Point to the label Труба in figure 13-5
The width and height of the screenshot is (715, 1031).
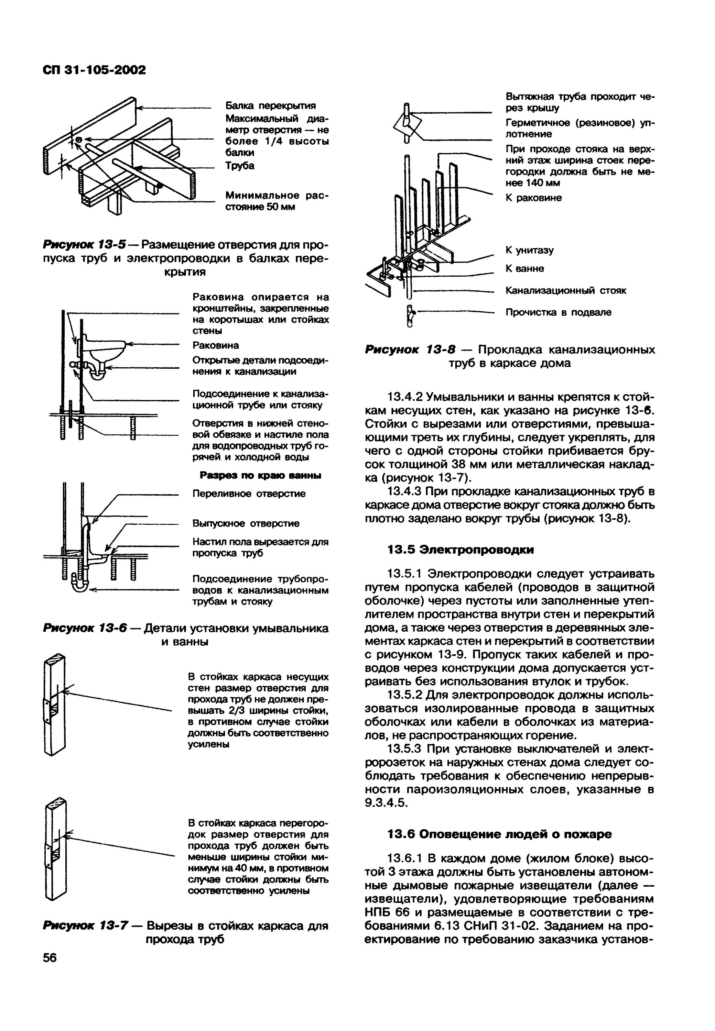point(240,166)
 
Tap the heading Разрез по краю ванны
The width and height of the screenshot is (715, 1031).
point(260,475)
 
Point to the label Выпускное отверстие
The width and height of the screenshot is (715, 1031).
point(246,523)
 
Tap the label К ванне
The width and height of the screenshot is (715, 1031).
point(524,269)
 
